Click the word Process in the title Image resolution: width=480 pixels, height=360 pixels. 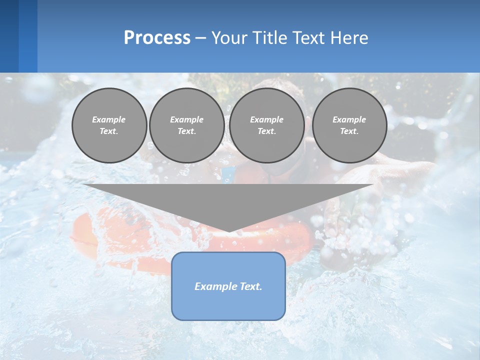157,38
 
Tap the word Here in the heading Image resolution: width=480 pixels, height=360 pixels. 349,38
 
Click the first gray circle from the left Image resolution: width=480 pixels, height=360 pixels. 109,125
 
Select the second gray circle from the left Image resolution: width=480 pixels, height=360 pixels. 186,125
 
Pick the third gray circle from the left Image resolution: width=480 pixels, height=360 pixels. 266,125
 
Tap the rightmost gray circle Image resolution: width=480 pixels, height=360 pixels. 349,125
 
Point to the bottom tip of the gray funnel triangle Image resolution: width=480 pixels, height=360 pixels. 228,231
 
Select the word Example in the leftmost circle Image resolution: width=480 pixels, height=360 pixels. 109,119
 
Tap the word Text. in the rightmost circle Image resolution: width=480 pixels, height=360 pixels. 349,131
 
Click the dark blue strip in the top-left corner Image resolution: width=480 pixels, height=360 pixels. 9,36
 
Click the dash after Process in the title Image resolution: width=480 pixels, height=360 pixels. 200,38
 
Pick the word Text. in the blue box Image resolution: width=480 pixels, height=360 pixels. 251,286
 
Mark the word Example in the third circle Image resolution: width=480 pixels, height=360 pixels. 266,119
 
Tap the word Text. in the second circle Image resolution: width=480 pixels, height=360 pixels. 186,131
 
